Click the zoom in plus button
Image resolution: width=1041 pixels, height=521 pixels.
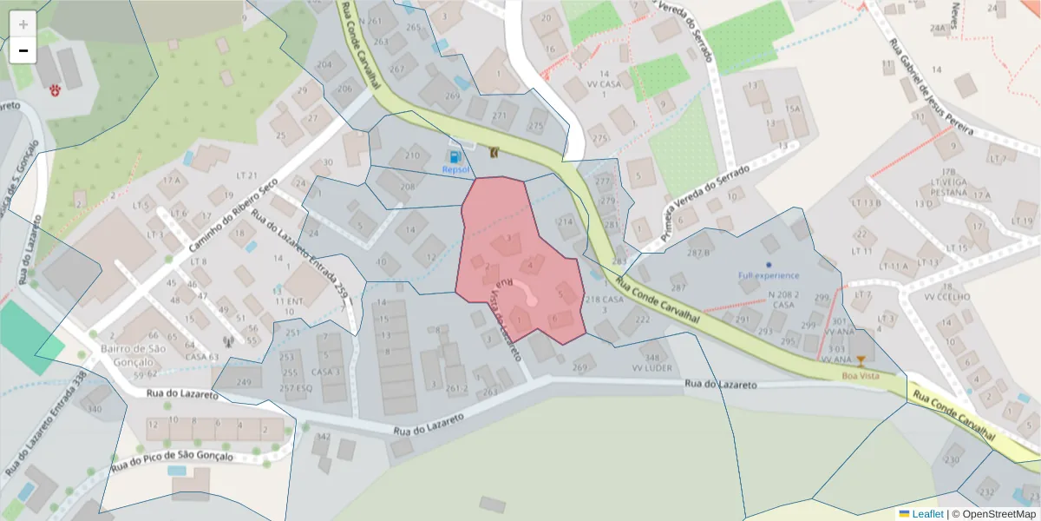click(x=23, y=24)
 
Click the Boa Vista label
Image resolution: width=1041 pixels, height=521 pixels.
click(x=860, y=375)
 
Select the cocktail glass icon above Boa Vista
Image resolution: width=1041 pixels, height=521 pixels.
click(x=861, y=360)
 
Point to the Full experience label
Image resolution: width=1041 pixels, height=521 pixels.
click(x=769, y=275)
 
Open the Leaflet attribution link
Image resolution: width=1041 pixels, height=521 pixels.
click(x=926, y=514)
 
